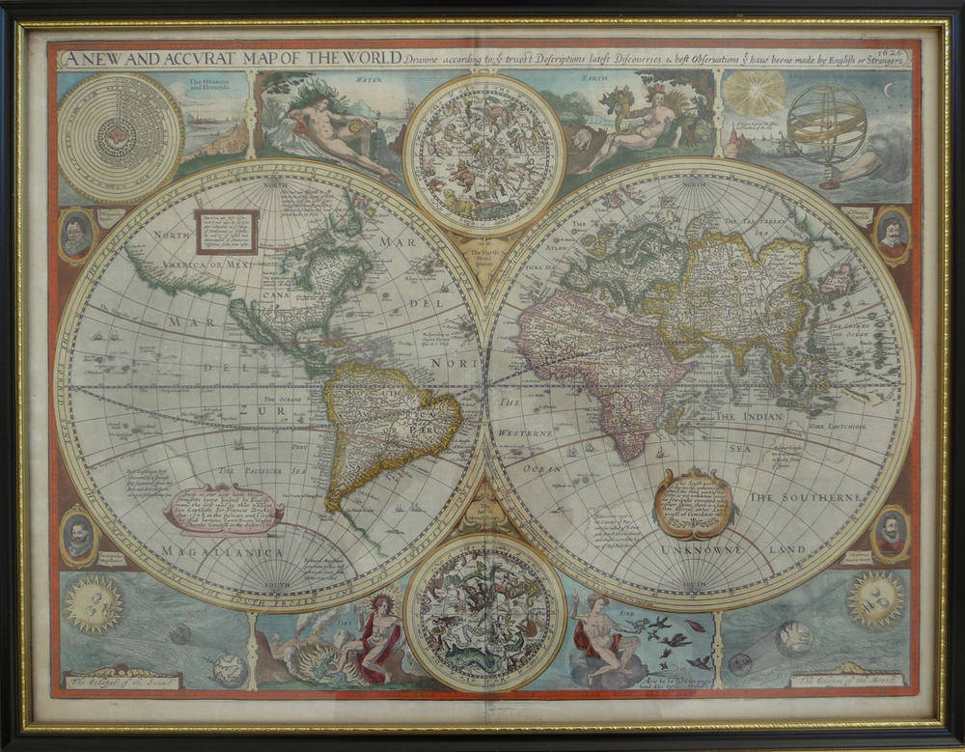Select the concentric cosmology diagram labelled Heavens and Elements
click(120, 136)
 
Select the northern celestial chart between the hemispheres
click(484, 154)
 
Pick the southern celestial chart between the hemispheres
click(483, 612)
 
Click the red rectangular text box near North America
click(227, 232)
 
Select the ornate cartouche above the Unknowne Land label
click(693, 502)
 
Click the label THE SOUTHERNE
click(804, 496)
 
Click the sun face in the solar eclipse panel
click(93, 604)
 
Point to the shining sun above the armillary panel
click(754, 95)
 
